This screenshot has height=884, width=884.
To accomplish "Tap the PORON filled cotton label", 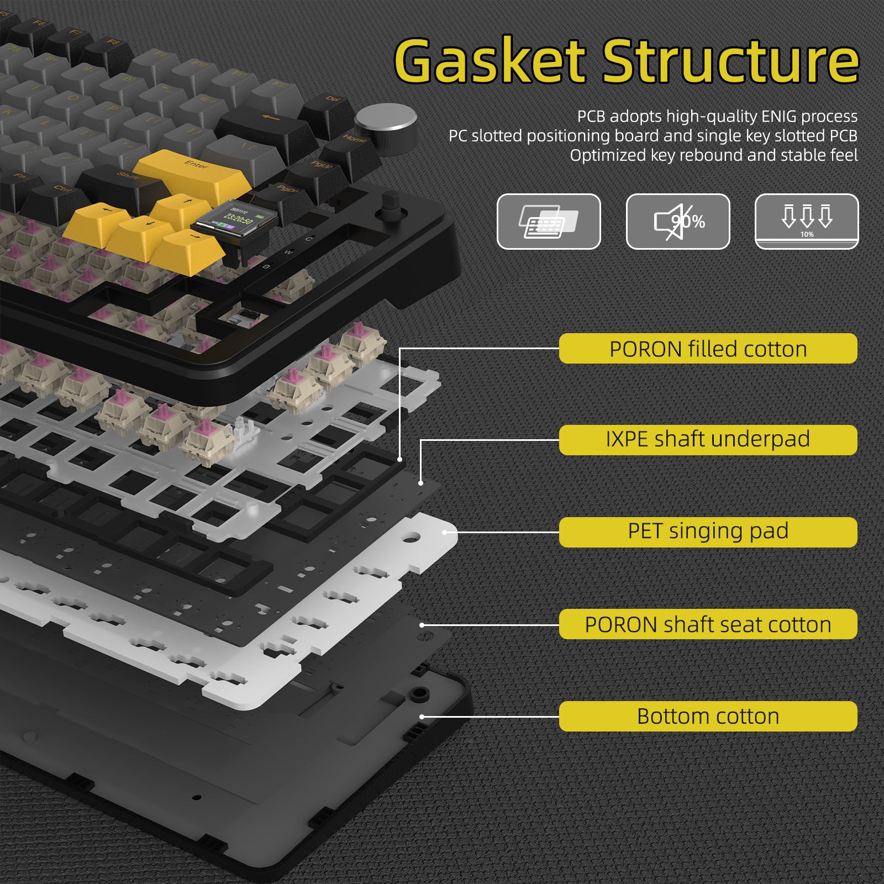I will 708,349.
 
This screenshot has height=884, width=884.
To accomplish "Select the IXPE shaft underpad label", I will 708,440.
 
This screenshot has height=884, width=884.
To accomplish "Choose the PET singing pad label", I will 708,532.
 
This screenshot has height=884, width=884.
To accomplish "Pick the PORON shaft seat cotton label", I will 708,624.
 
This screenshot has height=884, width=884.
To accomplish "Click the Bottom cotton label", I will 708,716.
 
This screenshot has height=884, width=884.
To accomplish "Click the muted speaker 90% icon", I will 678,222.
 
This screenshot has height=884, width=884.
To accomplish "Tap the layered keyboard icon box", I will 549,222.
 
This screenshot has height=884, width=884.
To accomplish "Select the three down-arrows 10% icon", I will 807,222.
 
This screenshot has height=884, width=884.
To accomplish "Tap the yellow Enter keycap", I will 193,174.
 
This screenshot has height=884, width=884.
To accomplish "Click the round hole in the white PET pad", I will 410,536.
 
